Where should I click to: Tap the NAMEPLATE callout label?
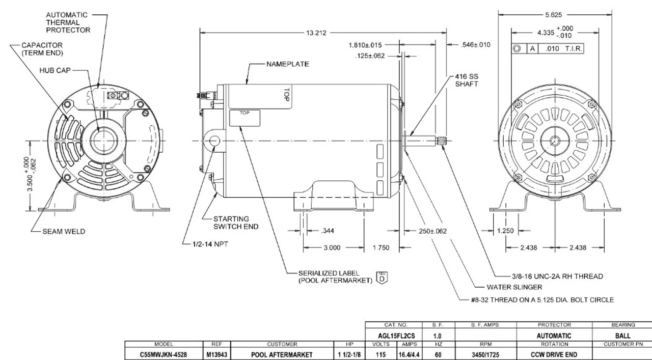point(288,65)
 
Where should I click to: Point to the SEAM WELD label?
point(64,231)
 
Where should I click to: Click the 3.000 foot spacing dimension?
point(332,247)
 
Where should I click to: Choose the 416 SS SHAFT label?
point(467,80)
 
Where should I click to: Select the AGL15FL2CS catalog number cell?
point(394,336)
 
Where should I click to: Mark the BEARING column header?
point(622,324)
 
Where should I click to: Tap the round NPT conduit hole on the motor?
point(213,141)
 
